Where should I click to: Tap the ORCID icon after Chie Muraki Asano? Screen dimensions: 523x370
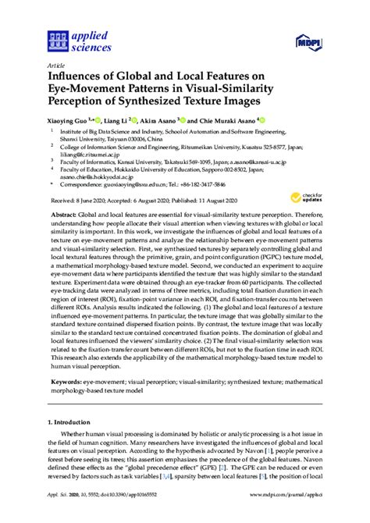point(262,121)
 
